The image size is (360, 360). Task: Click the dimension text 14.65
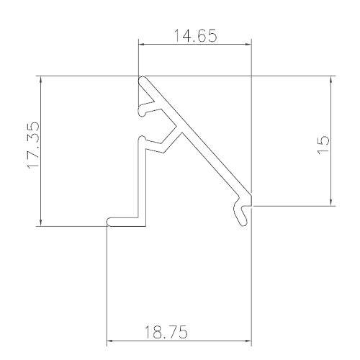[194, 33]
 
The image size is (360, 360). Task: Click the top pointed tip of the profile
[142, 77]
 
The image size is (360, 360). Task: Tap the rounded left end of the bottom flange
[109, 221]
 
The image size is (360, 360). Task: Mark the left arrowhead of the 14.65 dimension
[143, 45]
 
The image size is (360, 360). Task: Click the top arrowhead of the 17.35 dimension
[41, 79]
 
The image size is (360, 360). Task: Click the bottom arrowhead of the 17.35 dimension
[41, 221]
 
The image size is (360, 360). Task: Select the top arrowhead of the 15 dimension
[330, 79]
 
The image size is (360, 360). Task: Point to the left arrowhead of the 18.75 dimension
[111, 338]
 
